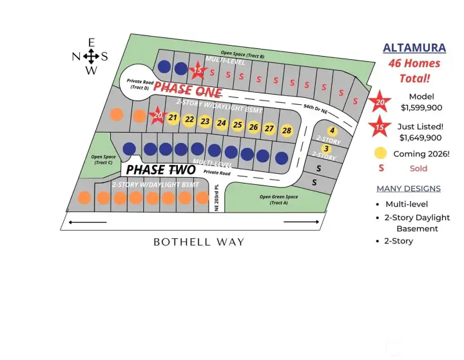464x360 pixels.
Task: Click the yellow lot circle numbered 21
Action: tap(173, 118)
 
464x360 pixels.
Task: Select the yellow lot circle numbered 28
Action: tap(286, 130)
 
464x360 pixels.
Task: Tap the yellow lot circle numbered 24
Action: tap(222, 123)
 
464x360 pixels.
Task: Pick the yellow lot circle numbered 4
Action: tap(332, 131)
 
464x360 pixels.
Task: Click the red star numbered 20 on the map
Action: tap(157, 116)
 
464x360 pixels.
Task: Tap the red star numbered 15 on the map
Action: tap(198, 70)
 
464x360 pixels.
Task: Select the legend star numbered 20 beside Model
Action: tap(380, 101)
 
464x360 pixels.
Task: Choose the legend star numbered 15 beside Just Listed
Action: tap(380, 127)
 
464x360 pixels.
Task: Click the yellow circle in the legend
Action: tap(381, 153)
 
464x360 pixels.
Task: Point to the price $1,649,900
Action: tap(421, 137)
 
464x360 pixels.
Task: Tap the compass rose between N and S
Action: tap(91, 56)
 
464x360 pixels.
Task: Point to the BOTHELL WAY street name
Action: tap(198, 242)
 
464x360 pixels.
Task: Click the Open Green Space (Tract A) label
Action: tap(273, 200)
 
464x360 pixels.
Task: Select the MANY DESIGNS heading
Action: tap(409, 189)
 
